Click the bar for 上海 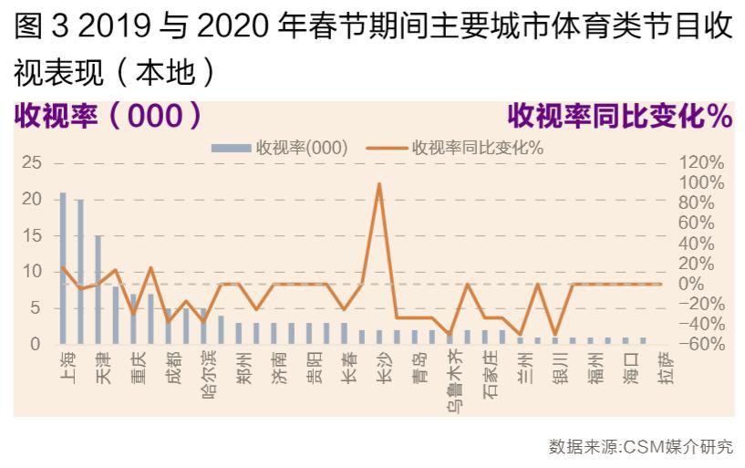pyautogui.click(x=63, y=269)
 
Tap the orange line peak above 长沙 pyautogui.click(x=379, y=184)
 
